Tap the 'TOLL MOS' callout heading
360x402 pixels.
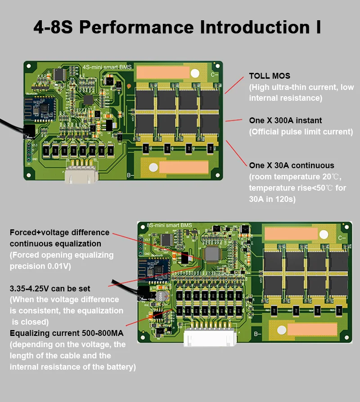[270, 76]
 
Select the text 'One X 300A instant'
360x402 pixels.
[285, 121]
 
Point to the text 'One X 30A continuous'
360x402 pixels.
[292, 165]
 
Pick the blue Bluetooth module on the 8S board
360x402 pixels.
[154, 270]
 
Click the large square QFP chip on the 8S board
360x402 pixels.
[212, 255]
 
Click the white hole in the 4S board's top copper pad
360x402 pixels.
[195, 73]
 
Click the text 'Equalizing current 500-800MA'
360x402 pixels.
[66, 333]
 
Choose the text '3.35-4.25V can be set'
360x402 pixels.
[50, 288]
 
